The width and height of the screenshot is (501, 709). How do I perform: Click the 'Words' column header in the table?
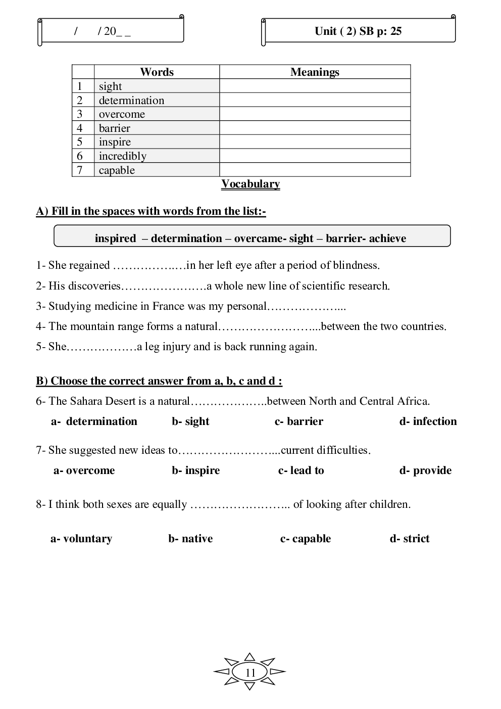pos(157,72)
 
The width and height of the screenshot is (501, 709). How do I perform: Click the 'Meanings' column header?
pos(315,72)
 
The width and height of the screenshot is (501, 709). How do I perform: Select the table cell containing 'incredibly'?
pos(123,156)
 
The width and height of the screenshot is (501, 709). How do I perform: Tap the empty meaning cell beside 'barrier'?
pos(315,128)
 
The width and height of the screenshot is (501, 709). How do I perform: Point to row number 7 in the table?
pos(80,170)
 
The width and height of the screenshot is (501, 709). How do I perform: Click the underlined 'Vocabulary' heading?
pos(250,184)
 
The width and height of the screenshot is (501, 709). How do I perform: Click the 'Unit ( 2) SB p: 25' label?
pos(358,31)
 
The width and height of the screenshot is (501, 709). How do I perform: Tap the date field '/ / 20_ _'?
pos(103,31)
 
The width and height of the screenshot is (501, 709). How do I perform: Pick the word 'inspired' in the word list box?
pos(115,239)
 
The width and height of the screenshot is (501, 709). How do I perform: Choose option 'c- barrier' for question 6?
pos(298,421)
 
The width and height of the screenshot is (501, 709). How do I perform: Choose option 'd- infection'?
pos(428,421)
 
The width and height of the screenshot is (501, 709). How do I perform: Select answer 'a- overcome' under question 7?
pos(84,470)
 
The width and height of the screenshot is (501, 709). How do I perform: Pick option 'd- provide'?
pos(425,470)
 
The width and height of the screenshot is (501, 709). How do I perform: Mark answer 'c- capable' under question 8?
pos(306,539)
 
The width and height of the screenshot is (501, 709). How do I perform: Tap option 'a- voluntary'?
pos(81,539)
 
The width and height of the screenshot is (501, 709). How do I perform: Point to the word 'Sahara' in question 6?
pos(86,401)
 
